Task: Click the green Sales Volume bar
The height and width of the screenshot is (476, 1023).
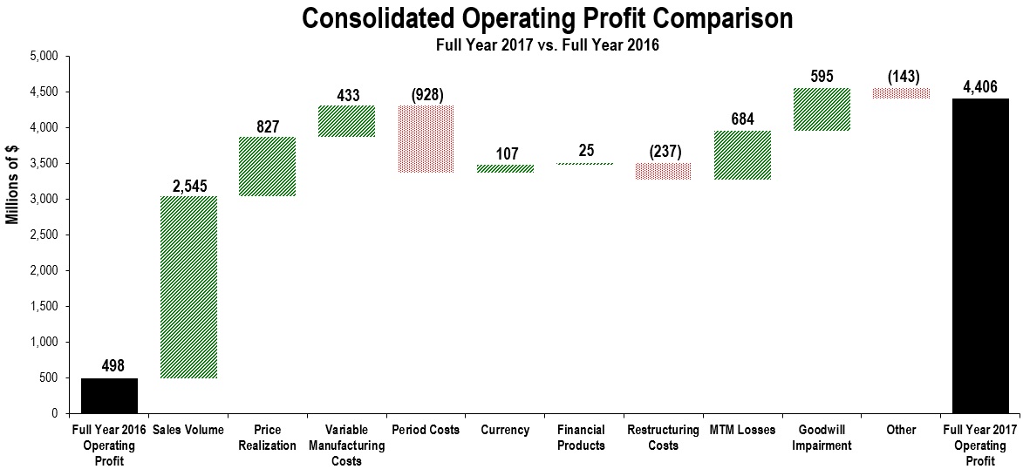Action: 188,287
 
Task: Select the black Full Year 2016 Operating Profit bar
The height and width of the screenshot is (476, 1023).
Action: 109,395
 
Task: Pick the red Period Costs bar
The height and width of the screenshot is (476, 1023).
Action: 426,139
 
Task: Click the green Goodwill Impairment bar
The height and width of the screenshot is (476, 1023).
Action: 822,109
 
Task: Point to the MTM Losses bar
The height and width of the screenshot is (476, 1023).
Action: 742,155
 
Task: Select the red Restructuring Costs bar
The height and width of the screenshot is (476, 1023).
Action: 663,171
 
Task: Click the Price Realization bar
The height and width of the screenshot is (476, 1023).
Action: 268,167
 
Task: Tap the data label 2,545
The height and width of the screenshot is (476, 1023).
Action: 188,185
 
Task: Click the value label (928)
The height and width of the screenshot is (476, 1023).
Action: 426,94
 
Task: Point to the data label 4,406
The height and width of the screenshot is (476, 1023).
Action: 980,86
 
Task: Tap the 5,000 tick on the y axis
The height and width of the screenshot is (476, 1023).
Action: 44,57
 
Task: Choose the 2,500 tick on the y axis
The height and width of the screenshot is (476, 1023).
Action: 44,235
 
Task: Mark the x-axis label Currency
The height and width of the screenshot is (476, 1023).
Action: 505,430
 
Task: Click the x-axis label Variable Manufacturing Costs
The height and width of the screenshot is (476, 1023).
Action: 346,445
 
